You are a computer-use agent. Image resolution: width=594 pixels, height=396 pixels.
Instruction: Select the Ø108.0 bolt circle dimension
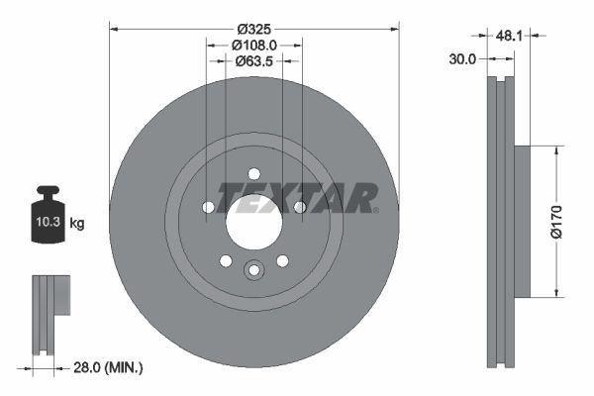point(253,44)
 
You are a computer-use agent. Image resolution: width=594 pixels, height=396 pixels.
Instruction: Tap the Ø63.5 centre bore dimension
point(253,60)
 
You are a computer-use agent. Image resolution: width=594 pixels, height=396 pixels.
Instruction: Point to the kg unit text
point(77,224)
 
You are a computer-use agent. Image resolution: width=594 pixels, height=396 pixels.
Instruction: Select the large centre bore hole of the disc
point(253,221)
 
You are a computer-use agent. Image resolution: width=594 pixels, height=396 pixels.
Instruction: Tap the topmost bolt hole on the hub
point(253,172)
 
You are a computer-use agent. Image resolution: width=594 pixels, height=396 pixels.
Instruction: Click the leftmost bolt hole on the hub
point(208,207)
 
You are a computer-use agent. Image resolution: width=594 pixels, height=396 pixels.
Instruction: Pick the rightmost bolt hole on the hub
point(299,207)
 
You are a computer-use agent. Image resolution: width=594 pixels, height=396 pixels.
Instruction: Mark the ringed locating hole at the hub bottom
point(253,269)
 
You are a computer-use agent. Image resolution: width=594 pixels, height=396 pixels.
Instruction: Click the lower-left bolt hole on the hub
point(225,260)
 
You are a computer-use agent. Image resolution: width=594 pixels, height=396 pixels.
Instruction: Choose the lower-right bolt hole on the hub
point(282,260)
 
